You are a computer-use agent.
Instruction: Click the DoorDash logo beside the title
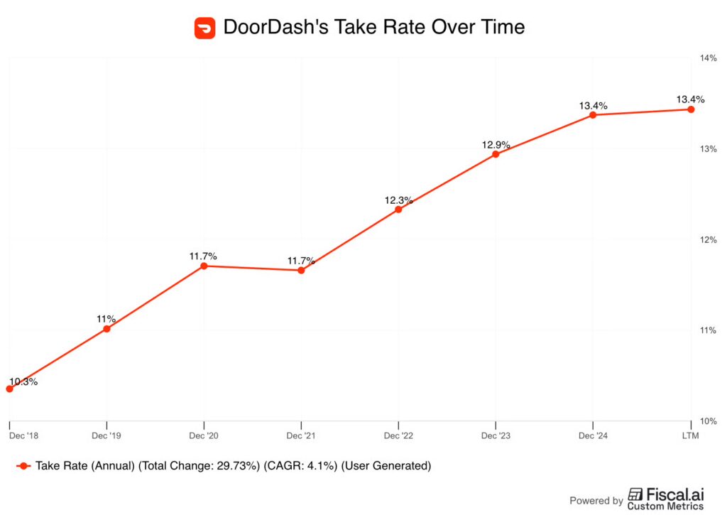[204, 28]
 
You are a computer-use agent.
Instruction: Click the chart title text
[374, 28]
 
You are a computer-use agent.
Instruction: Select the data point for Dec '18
[9, 389]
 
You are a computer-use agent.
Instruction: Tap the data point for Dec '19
[106, 329]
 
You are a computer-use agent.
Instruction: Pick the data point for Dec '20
[204, 266]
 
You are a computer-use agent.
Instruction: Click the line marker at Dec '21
[301, 270]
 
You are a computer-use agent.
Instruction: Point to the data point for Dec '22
[398, 210]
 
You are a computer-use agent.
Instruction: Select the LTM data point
[691, 109]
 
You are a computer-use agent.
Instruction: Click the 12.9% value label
[496, 144]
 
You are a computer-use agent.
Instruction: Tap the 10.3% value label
[23, 381]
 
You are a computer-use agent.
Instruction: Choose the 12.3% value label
[398, 200]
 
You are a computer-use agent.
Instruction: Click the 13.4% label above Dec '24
[593, 106]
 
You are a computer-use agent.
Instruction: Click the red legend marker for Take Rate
[23, 466]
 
